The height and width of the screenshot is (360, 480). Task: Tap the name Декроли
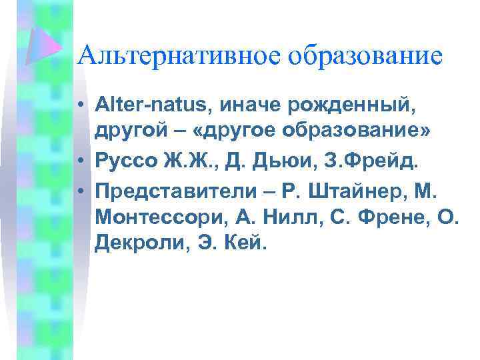134,243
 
